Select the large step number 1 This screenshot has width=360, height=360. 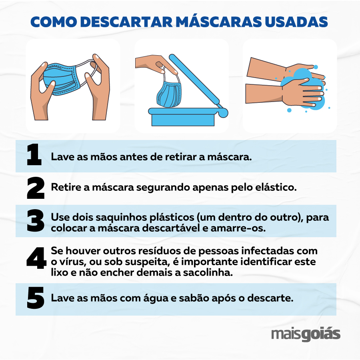point(34,154)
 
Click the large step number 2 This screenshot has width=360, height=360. point(36,188)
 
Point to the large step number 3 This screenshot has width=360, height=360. point(36,220)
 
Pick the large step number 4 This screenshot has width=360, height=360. point(36,258)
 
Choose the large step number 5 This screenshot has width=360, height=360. point(36,298)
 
